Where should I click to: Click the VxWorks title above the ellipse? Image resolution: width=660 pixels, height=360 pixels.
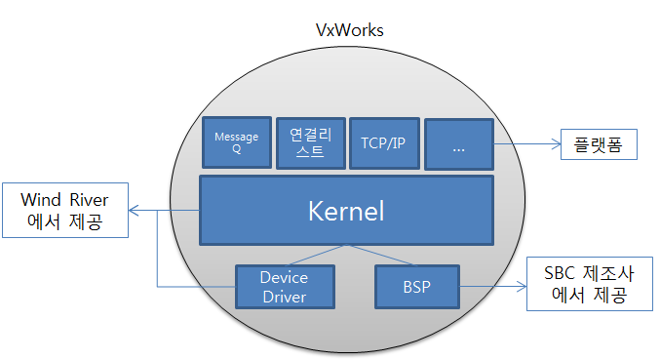pyautogui.click(x=349, y=30)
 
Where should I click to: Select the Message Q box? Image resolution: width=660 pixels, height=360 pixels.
pyautogui.click(x=236, y=143)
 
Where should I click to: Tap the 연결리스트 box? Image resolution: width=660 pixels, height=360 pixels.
pyautogui.click(x=308, y=142)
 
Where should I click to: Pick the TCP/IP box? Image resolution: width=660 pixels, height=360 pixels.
pyautogui.click(x=383, y=142)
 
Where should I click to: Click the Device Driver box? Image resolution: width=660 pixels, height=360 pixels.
pyautogui.click(x=285, y=287)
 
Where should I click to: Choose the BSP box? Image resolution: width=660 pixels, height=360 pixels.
pyautogui.click(x=417, y=287)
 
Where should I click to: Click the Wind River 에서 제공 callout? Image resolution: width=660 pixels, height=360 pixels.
pyautogui.click(x=64, y=212)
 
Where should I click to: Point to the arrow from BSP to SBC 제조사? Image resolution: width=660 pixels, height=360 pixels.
pyautogui.click(x=492, y=287)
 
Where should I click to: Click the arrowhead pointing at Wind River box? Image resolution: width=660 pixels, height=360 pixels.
pyautogui.click(x=136, y=211)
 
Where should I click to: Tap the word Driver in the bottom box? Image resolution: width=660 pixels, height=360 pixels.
pyautogui.click(x=285, y=296)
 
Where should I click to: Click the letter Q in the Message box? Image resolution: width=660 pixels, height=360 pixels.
pyautogui.click(x=236, y=151)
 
